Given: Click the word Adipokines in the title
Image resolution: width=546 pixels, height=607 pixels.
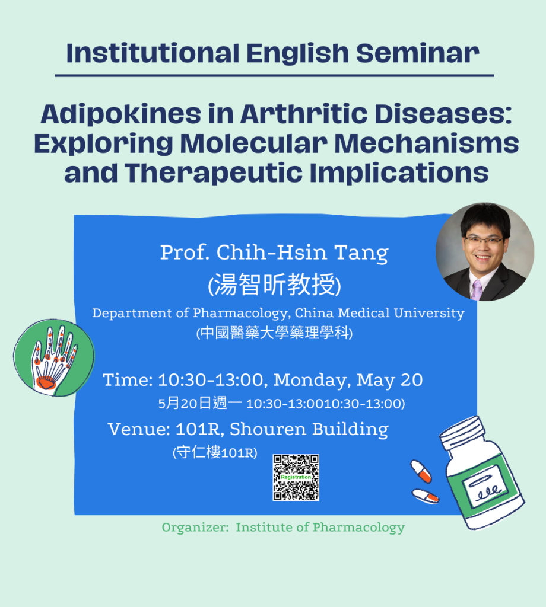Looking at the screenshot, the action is [121, 114].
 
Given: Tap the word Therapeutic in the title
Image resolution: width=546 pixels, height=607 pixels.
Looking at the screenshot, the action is [214, 173].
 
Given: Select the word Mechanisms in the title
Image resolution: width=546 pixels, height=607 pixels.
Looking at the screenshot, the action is [427, 143].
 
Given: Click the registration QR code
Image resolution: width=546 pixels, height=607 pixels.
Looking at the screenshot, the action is [296, 477].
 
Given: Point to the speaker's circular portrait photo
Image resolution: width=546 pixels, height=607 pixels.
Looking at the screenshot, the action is [485, 251].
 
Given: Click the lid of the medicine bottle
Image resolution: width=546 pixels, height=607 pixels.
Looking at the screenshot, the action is [463, 432].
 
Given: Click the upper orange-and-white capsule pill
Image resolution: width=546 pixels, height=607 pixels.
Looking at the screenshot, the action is [421, 471].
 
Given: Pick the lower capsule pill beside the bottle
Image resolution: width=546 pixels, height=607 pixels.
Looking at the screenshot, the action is [426, 496].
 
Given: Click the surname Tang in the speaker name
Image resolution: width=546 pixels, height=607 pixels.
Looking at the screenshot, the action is [361, 253].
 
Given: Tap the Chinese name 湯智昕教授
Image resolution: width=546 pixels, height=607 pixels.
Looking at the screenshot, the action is [274, 285].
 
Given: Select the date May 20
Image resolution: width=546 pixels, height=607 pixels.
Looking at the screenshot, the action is [389, 381].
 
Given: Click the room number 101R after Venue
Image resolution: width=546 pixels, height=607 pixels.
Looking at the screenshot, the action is [199, 429].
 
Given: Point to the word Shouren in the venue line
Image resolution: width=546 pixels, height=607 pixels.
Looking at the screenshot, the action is [268, 429].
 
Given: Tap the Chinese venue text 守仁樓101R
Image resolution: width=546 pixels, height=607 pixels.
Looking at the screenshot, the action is [215, 452].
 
